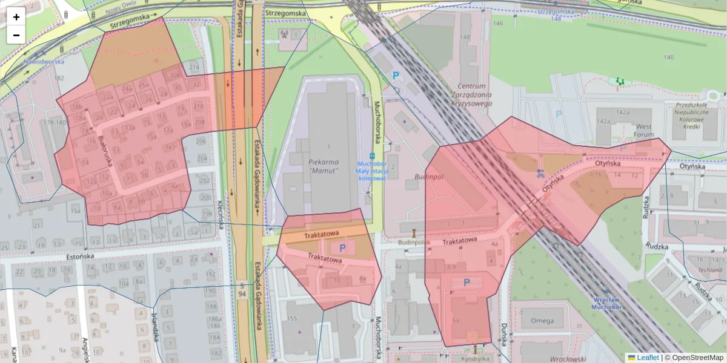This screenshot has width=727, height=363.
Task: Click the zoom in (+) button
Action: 16,17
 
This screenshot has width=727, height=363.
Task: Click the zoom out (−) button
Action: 16,35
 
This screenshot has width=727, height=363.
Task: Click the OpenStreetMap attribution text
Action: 694,358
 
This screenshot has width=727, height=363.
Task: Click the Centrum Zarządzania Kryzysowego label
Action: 475,94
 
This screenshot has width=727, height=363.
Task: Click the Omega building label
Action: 542,321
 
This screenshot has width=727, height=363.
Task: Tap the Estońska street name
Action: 81,257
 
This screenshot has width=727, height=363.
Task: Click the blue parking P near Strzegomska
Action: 397,76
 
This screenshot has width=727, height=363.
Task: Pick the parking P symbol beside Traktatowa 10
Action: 342,247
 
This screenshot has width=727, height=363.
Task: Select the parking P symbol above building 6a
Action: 466,282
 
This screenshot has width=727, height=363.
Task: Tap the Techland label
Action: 710,270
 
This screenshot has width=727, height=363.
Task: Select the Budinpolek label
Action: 414,242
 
